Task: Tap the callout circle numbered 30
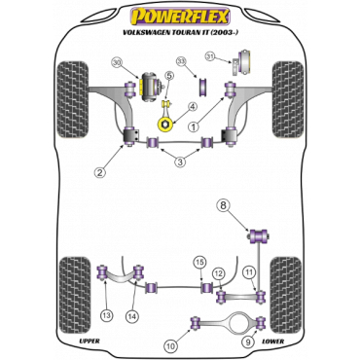(118, 64)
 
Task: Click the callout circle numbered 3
(180, 162)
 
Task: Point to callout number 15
(200, 262)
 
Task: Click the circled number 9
(247, 341)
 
